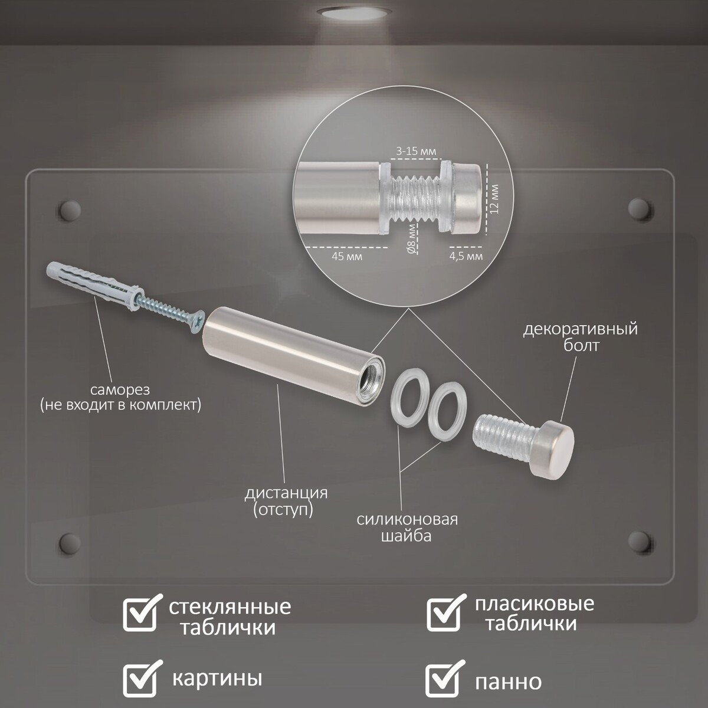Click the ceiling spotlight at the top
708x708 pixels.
[x=354, y=14]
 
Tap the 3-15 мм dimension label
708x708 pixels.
[x=416, y=151]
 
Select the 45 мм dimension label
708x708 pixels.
[x=347, y=256]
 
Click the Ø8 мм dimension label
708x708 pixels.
[x=412, y=239]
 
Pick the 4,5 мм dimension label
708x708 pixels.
[x=466, y=256]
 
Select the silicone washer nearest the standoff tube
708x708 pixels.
[x=409, y=403]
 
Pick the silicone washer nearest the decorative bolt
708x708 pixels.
[x=447, y=412]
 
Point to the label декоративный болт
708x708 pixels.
[x=581, y=337]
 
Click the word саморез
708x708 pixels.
[x=120, y=390]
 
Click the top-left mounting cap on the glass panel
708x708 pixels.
[x=69, y=210]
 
